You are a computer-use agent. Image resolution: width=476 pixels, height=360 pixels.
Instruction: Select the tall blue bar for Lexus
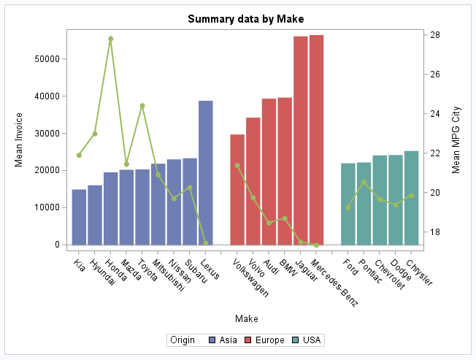pyautogui.click(x=206, y=172)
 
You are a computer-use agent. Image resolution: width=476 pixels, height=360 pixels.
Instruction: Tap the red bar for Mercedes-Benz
pyautogui.click(x=316, y=139)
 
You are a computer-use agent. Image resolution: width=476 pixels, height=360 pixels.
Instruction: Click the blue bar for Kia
pyautogui.click(x=79, y=216)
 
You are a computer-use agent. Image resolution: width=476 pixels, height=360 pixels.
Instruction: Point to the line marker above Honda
pyautogui.click(x=111, y=39)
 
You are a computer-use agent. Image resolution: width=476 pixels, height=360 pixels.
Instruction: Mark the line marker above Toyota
pyautogui.click(x=142, y=106)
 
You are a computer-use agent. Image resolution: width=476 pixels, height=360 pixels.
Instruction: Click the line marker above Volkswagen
pyautogui.click(x=237, y=165)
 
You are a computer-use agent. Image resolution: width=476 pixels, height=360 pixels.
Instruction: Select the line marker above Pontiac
pyautogui.click(x=364, y=183)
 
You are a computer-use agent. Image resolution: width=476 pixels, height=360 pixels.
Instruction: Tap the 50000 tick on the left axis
pyautogui.click(x=50, y=58)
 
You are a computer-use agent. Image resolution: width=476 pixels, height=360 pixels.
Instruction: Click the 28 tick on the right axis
pyautogui.click(x=434, y=35)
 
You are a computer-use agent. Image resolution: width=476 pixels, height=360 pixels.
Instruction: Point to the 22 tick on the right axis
pyautogui.click(x=434, y=153)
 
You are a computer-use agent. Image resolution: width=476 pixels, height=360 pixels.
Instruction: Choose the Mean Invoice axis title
pyautogui.click(x=20, y=139)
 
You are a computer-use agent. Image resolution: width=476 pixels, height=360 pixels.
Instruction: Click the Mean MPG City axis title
pyautogui.click(x=456, y=139)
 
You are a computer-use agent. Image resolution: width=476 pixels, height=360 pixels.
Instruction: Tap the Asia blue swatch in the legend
pyautogui.click(x=212, y=340)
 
